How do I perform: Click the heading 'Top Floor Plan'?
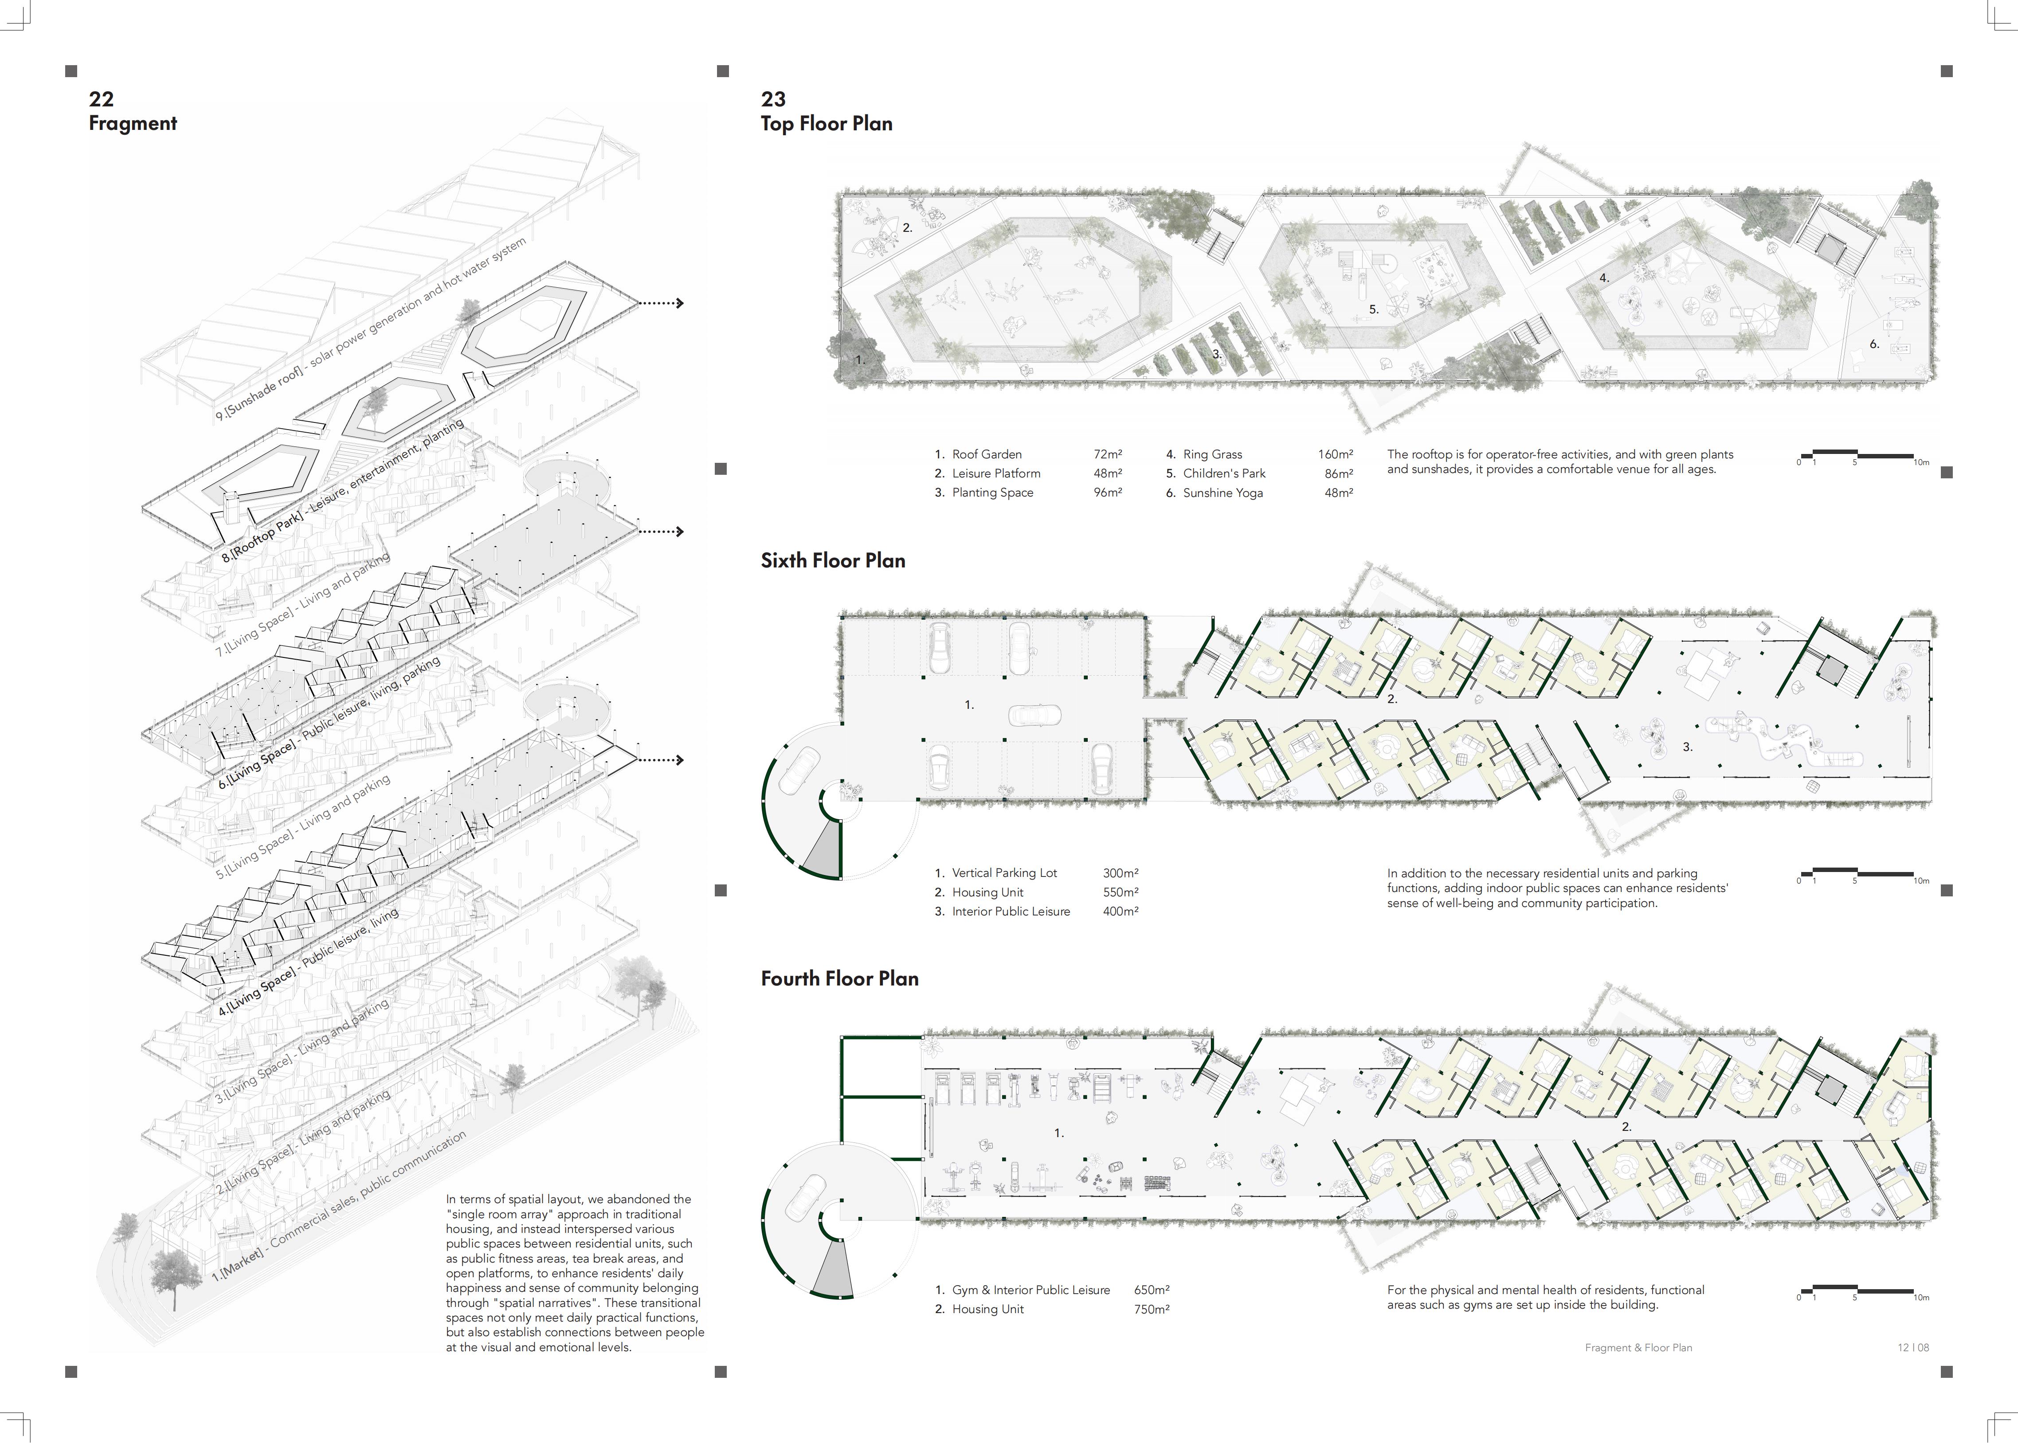point(827,124)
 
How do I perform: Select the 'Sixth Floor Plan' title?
point(833,561)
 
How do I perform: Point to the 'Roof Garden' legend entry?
point(986,454)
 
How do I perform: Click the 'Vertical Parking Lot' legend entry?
point(1004,872)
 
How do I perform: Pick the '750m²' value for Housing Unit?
point(1151,1309)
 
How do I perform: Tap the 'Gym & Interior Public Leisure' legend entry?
point(1031,1289)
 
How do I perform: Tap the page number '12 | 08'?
point(1913,1347)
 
